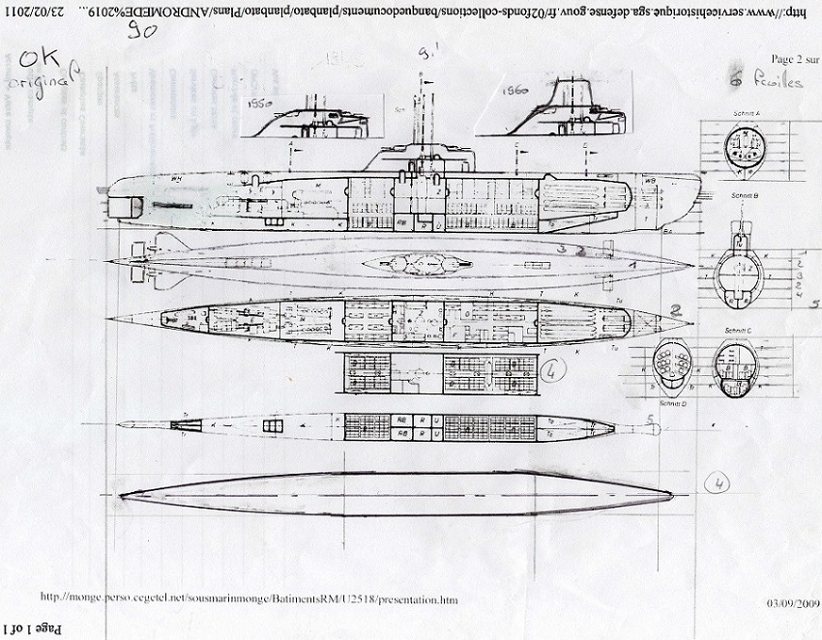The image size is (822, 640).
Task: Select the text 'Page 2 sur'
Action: [788, 60]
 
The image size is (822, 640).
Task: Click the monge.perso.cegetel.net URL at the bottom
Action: [247, 599]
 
